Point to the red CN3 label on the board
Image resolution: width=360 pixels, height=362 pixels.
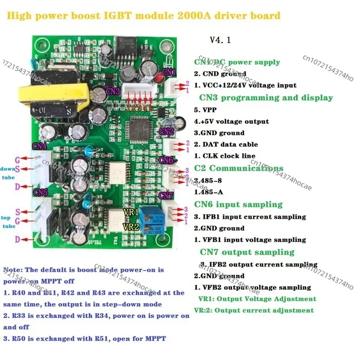113,91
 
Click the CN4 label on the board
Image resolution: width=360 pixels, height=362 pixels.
40,145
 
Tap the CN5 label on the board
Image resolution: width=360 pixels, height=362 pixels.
41,192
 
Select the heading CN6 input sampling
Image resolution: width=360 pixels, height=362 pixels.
238,204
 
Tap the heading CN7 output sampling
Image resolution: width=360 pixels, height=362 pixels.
247,252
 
